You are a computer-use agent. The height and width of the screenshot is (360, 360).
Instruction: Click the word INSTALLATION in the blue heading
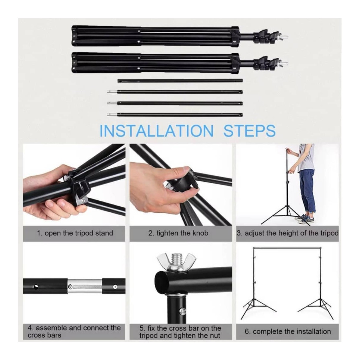coord(157,131)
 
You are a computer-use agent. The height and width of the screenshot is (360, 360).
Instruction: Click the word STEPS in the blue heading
coord(250,131)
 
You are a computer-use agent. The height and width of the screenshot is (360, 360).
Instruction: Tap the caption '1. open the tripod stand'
coord(75,233)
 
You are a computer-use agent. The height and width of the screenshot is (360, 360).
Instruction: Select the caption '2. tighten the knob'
coord(178,233)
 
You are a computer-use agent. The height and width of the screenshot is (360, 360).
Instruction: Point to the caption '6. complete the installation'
coord(288,331)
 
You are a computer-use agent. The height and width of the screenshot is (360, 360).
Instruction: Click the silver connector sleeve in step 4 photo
coord(85,286)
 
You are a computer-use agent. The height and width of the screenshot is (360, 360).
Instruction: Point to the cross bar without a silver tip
coord(180,81)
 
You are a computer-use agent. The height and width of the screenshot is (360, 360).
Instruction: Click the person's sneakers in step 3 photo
coord(302,219)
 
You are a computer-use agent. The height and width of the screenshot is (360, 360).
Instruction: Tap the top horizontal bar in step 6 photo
coord(287,248)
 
